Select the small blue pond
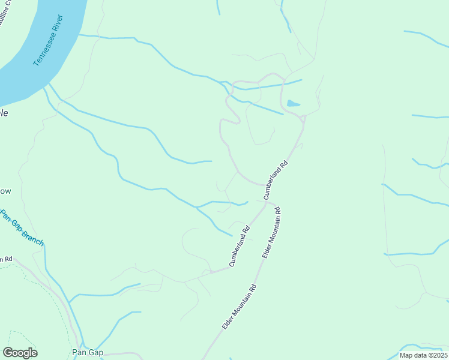[293, 103]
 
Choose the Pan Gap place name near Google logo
[84, 352]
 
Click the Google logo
[20, 353]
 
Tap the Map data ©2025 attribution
[423, 355]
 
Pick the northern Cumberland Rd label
[276, 180]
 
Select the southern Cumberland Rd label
[238, 246]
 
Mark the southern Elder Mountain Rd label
[240, 305]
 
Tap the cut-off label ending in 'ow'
[5, 191]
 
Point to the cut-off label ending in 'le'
[4, 112]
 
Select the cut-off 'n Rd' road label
[6, 259]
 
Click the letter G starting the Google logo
[7, 353]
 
